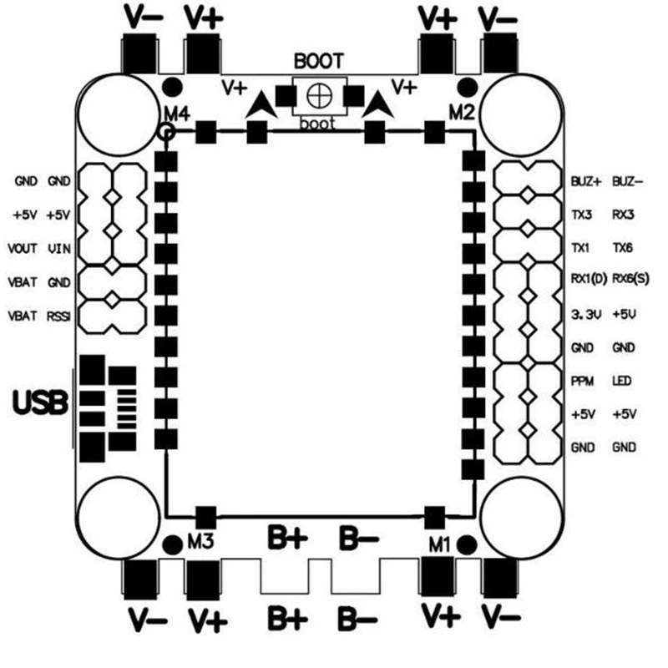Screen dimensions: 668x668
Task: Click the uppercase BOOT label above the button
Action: click(319, 61)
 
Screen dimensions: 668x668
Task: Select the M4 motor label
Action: click(177, 114)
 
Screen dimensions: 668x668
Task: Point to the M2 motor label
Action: click(462, 113)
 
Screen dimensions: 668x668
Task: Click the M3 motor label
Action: click(200, 542)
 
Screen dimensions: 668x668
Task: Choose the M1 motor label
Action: click(439, 544)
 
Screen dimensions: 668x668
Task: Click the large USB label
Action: click(40, 402)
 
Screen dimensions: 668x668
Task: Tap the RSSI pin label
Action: click(58, 316)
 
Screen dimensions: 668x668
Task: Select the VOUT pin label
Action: click(23, 248)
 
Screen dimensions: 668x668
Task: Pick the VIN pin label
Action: click(59, 248)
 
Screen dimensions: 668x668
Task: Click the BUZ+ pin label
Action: click(586, 181)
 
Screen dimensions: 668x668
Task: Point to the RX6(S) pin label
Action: click(630, 279)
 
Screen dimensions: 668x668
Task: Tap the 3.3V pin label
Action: click(586, 315)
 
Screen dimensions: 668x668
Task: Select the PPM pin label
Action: click(582, 381)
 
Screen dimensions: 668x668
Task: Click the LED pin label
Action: click(622, 381)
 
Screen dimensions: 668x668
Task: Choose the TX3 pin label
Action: click(581, 215)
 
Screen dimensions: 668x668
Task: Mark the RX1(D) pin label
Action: click(589, 279)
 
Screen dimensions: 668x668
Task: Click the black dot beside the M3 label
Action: click(173, 545)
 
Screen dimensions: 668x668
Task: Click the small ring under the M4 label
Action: click(166, 132)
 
